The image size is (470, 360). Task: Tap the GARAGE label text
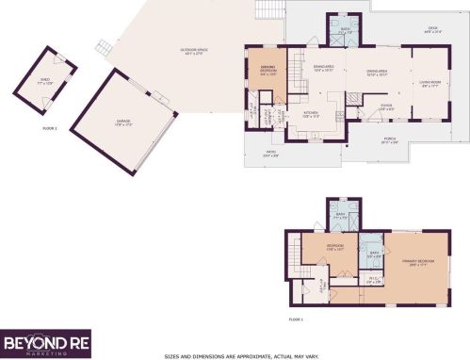123,122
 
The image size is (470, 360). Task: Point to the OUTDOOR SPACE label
195,53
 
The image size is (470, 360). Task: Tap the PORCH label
389,141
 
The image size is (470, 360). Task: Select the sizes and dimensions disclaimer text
242,355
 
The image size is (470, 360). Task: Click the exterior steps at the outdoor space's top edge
269,10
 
